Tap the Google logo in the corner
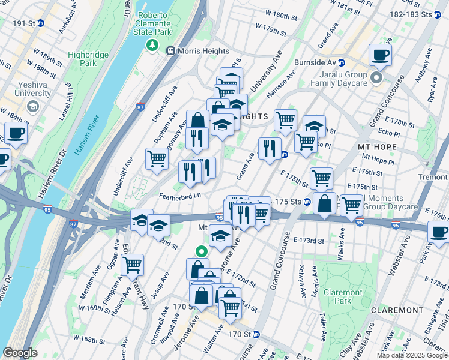(20, 353)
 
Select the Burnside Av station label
(315, 62)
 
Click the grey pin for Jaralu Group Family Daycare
(376, 77)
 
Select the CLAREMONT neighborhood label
(397, 310)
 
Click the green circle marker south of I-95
(202, 252)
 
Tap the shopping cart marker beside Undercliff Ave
(157, 160)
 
